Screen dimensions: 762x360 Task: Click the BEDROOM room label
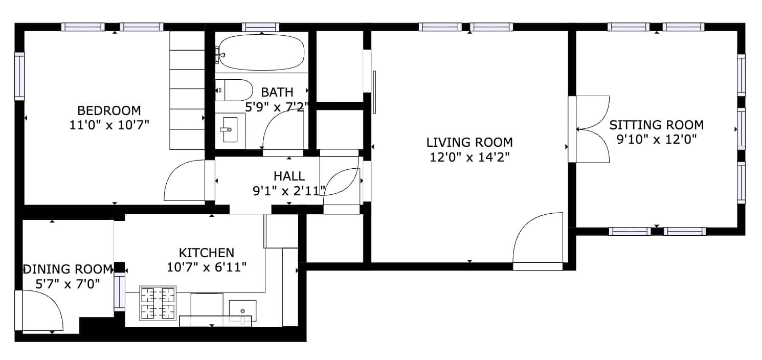pos(109,110)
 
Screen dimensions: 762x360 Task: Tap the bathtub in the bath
pos(261,52)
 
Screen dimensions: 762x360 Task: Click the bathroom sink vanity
pos(230,131)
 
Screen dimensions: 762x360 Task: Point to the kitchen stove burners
pos(158,303)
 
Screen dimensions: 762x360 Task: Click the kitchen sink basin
pos(242,311)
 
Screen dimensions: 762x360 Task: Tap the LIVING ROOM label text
pos(469,142)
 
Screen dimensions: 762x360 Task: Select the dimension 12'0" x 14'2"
pos(469,157)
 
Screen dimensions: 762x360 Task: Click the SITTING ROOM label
pos(656,125)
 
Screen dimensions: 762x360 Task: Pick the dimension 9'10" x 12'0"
pos(657,139)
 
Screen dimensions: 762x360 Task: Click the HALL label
pos(289,176)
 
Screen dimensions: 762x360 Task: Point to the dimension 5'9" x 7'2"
pos(277,107)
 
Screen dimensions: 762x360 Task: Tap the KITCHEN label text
pos(207,253)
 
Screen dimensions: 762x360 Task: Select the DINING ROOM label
pos(68,269)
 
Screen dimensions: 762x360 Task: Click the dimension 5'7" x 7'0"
pos(68,284)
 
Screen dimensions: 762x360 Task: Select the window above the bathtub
pos(261,27)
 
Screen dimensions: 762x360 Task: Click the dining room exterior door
pos(39,310)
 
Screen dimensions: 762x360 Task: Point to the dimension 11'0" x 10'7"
pos(109,125)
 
